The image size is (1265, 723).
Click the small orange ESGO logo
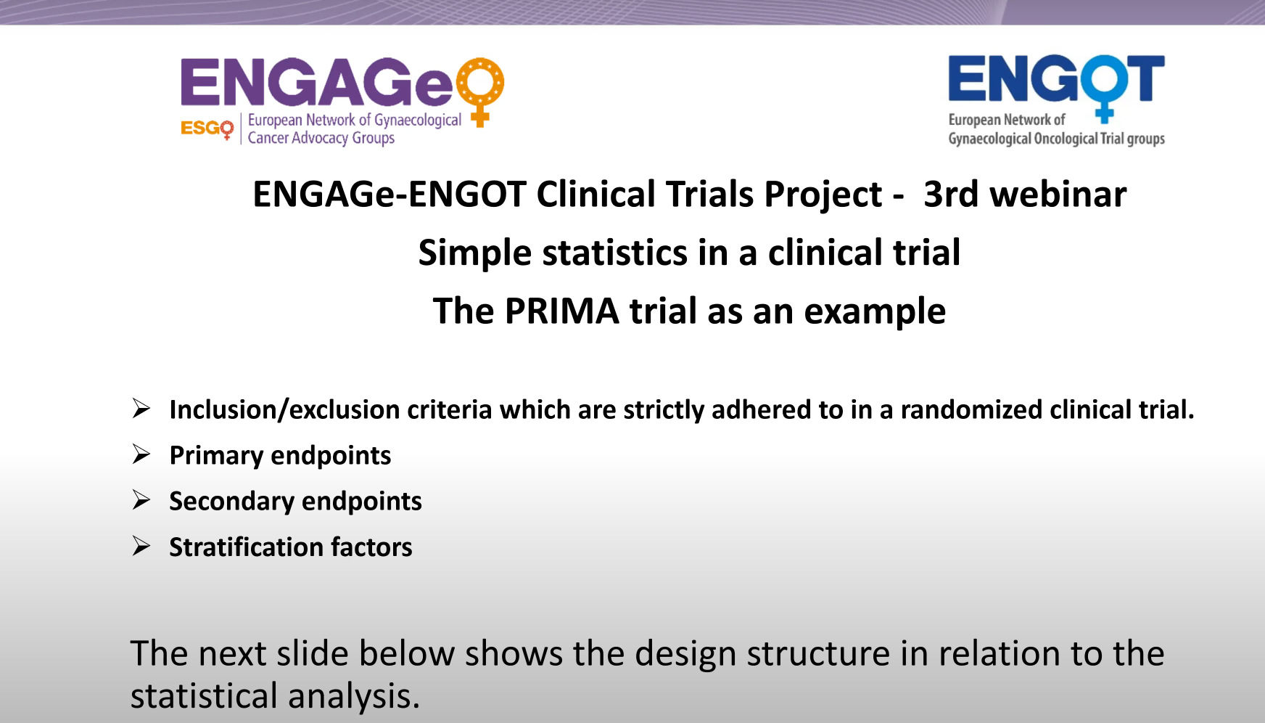(x=207, y=128)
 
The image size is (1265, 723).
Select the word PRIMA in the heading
(x=561, y=311)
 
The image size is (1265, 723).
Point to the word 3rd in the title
(x=951, y=194)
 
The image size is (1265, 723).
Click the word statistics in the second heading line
(x=614, y=253)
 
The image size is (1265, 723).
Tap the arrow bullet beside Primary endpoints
(x=141, y=454)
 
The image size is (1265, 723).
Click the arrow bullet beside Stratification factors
(x=141, y=546)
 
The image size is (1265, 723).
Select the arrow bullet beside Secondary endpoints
(x=141, y=500)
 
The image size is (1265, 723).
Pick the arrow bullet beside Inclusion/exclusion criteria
(x=141, y=409)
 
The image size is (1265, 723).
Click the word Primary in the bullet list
(x=216, y=456)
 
